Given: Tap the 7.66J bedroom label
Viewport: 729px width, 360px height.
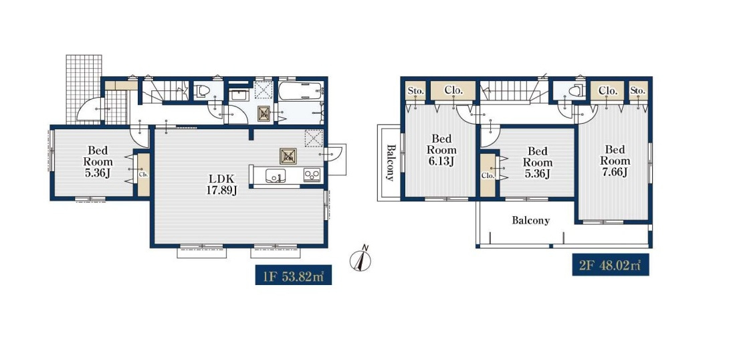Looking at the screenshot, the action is [615, 161].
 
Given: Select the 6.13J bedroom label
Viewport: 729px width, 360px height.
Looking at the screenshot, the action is [441, 151].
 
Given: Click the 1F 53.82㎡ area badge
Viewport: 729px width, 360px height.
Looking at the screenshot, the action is [293, 274].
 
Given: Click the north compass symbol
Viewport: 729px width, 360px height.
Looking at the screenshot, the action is [360, 258].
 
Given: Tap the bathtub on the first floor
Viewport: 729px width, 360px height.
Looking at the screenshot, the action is [301, 90].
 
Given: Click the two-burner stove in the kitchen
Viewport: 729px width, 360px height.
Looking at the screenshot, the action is [312, 175].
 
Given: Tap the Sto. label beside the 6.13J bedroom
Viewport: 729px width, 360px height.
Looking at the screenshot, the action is [415, 91].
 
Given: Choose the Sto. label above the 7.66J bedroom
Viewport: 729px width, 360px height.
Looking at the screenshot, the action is [638, 91].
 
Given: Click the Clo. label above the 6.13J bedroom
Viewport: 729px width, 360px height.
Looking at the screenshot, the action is [453, 91].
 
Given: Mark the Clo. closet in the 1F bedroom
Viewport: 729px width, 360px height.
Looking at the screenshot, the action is [144, 175].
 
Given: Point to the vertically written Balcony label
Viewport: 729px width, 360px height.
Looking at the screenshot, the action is [391, 163].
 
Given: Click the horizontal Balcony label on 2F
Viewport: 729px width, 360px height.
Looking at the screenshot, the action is [531, 220].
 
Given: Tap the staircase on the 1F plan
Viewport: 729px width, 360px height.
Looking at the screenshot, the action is [165, 91].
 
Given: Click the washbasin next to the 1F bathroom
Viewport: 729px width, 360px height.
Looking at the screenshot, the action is [239, 94].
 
